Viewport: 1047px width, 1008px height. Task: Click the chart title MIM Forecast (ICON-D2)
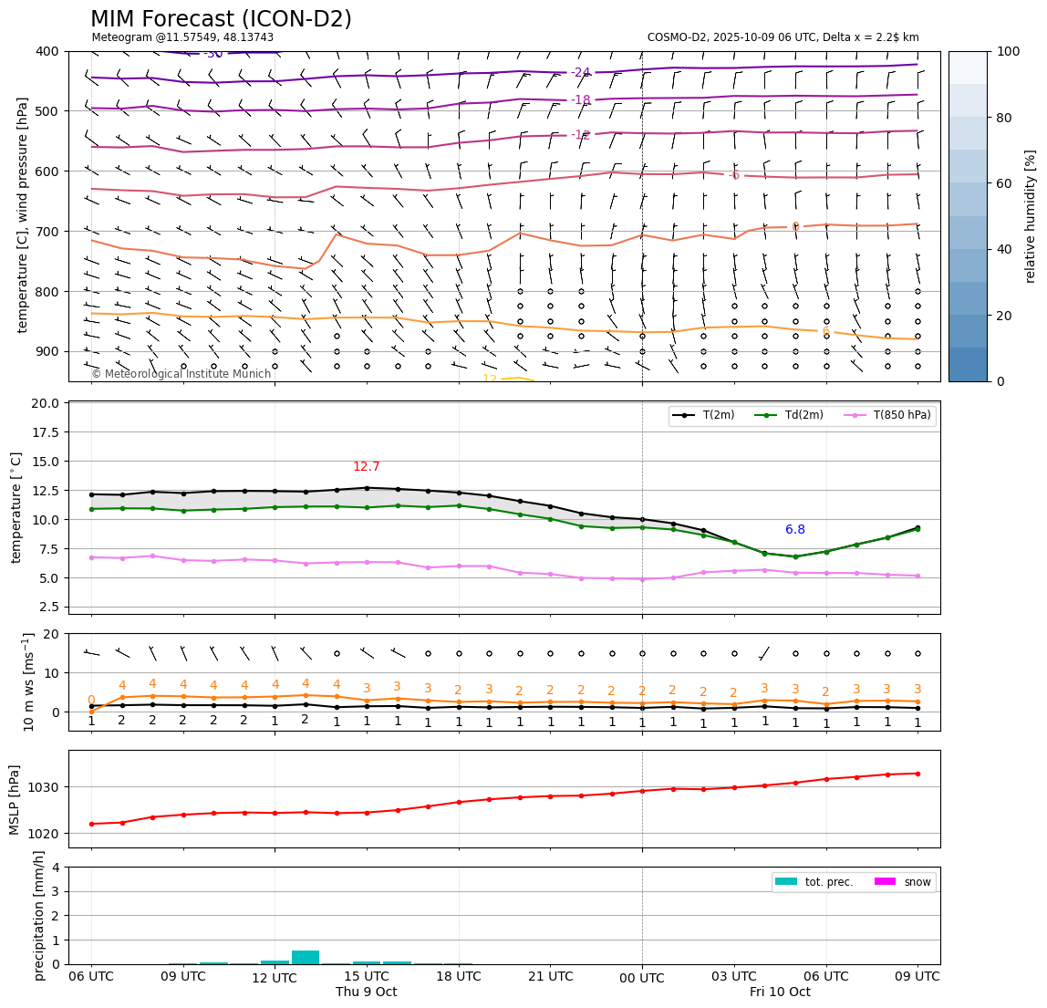[221, 19]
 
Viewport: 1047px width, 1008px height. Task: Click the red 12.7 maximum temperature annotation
[367, 467]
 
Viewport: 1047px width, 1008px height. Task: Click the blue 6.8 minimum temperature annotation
[795, 530]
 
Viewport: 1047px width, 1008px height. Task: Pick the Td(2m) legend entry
[803, 415]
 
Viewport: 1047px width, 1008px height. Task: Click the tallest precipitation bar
[306, 957]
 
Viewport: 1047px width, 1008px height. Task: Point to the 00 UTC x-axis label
[642, 977]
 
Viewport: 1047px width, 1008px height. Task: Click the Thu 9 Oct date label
[367, 992]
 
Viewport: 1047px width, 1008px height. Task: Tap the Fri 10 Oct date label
[780, 992]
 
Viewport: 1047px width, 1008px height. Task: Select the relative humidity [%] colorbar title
[1031, 216]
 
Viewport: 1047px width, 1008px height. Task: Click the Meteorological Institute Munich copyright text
[181, 374]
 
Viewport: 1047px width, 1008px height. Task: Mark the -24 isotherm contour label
[581, 73]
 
